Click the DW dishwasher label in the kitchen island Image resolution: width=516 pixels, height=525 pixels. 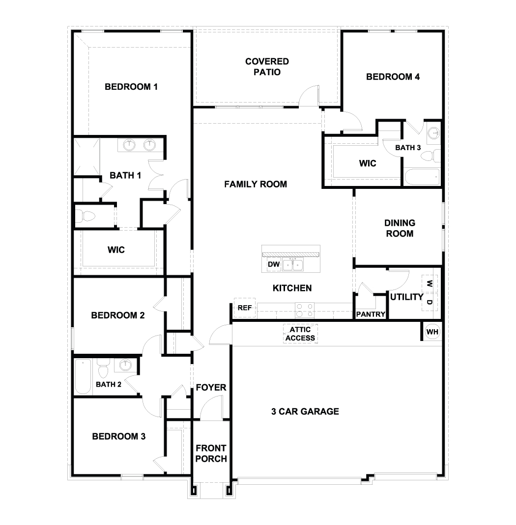[274, 265]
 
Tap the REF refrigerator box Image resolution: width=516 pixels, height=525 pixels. [245, 308]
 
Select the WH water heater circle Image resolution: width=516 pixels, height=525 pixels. [432, 332]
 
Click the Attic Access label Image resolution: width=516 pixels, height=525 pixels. [300, 334]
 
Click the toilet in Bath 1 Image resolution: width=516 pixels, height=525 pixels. [86, 215]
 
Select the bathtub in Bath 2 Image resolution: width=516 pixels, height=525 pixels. [83, 376]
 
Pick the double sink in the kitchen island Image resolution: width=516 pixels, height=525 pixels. [293, 265]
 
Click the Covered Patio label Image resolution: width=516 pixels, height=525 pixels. [267, 67]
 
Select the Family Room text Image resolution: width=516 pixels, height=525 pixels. [256, 184]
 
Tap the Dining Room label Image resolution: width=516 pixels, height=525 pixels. [399, 228]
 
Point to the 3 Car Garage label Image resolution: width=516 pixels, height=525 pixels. [305, 411]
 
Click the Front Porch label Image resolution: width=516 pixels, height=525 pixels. [211, 453]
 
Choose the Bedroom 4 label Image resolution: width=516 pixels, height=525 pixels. [393, 77]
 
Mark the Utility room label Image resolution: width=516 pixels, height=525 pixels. [406, 297]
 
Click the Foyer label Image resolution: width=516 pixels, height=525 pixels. [211, 388]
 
